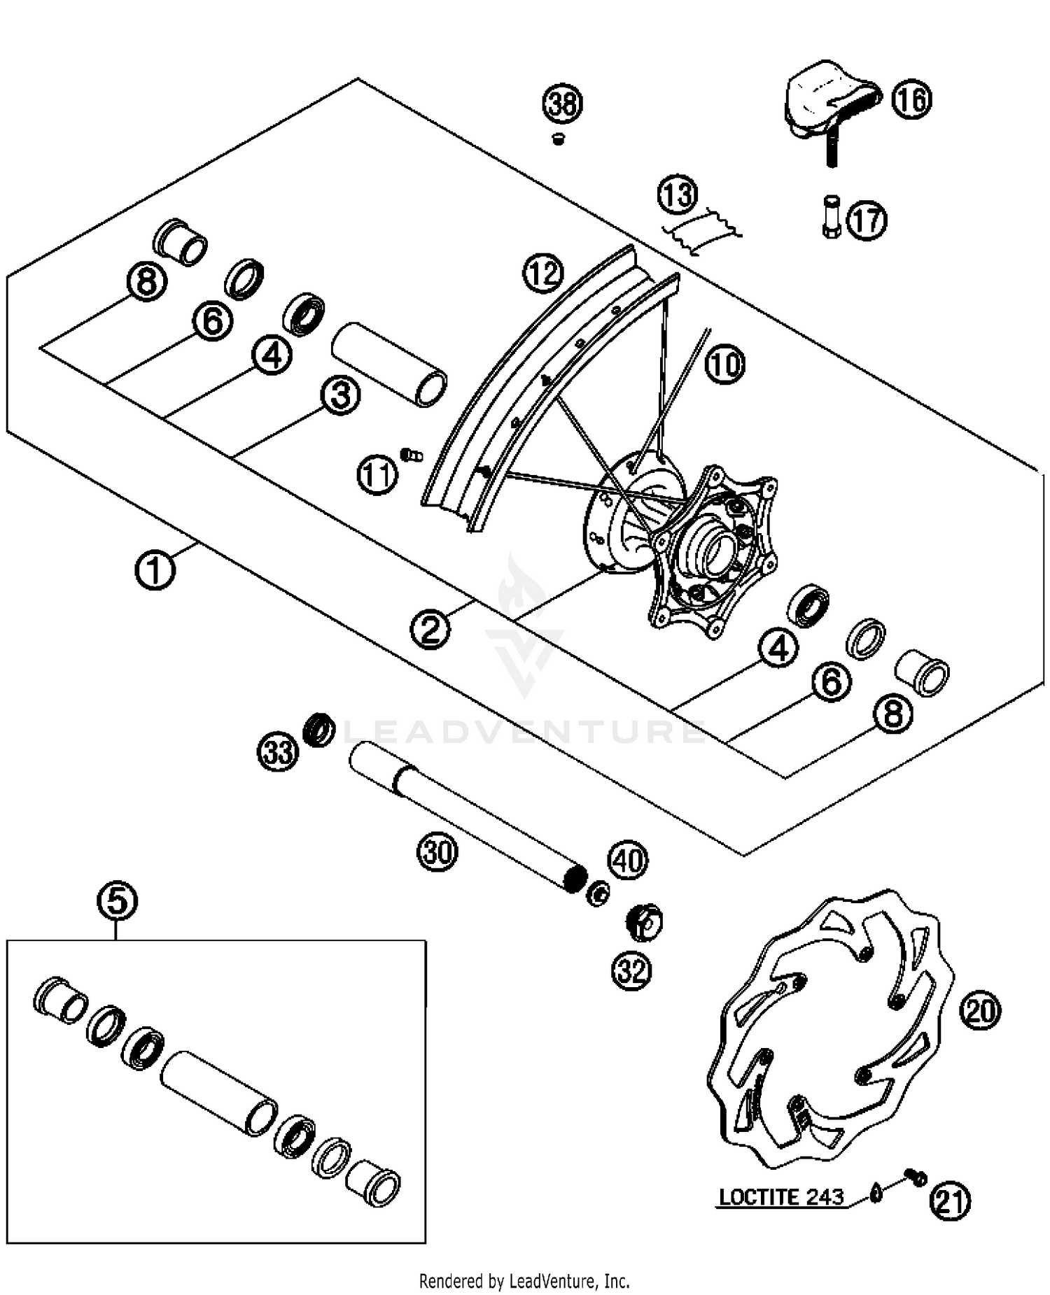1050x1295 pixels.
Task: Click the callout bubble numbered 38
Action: tap(563, 104)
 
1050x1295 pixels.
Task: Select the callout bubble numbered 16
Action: tap(912, 99)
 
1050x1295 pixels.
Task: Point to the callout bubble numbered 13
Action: tap(678, 195)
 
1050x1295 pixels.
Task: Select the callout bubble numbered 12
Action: tap(543, 274)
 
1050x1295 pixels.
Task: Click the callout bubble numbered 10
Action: tap(724, 365)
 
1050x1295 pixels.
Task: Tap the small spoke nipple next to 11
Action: tap(412, 455)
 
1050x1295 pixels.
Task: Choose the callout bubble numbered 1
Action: tap(155, 570)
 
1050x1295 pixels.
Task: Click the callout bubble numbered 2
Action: tap(430, 628)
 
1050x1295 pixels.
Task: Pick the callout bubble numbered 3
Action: tap(340, 395)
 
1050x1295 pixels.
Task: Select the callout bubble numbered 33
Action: tap(278, 753)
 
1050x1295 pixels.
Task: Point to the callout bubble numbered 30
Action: tap(437, 851)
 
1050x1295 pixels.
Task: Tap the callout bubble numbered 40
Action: tap(628, 860)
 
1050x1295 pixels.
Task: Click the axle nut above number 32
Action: tap(643, 923)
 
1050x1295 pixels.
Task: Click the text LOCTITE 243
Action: tap(781, 1197)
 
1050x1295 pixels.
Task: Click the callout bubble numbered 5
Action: tap(118, 900)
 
